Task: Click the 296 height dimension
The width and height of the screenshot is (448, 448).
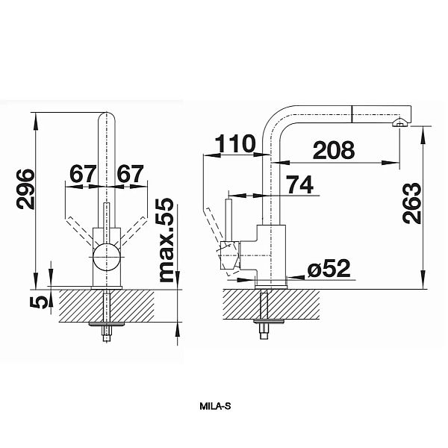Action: pyautogui.click(x=25, y=189)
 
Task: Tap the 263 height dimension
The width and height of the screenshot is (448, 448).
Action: pyautogui.click(x=411, y=203)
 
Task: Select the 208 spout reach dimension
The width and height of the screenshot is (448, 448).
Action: pyautogui.click(x=334, y=150)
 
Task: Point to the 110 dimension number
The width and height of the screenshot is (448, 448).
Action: pyautogui.click(x=235, y=143)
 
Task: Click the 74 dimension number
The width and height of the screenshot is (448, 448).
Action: pyautogui.click(x=299, y=184)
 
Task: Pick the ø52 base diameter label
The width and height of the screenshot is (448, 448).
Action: pyautogui.click(x=329, y=268)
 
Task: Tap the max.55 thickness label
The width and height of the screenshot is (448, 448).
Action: pyautogui.click(x=167, y=240)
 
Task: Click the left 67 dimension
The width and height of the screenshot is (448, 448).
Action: pyautogui.click(x=82, y=173)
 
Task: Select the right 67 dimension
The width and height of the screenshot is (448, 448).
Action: pyautogui.click(x=130, y=173)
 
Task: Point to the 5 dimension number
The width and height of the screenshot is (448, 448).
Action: pyautogui.click(x=39, y=302)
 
